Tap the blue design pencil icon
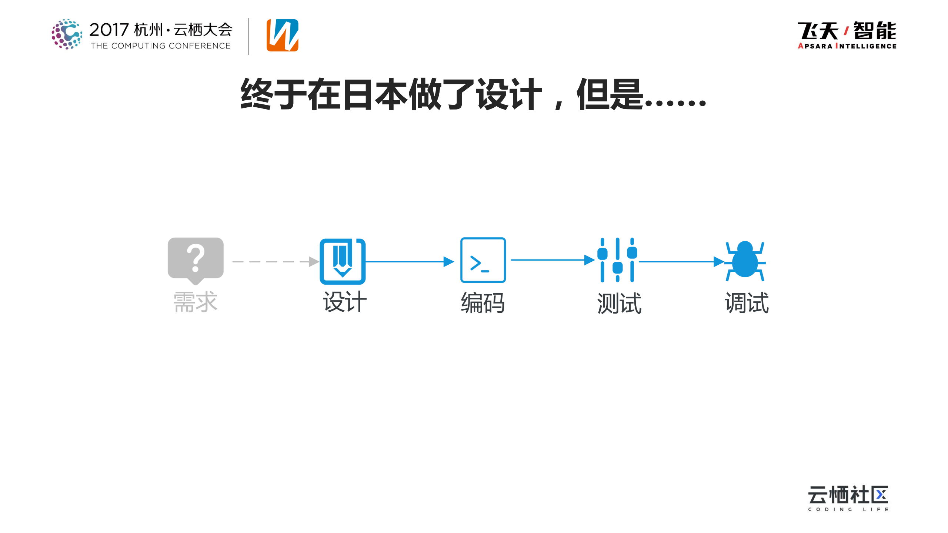click(343, 261)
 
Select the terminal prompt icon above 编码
click(483, 260)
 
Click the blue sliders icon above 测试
click(617, 260)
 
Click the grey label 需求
click(195, 302)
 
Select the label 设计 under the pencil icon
click(345, 302)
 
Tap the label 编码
click(483, 303)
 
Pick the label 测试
click(619, 303)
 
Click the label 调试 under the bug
click(747, 303)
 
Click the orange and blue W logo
click(283, 35)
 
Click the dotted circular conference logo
click(67, 34)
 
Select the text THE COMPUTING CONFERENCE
click(161, 46)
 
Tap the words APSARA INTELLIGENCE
click(847, 46)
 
